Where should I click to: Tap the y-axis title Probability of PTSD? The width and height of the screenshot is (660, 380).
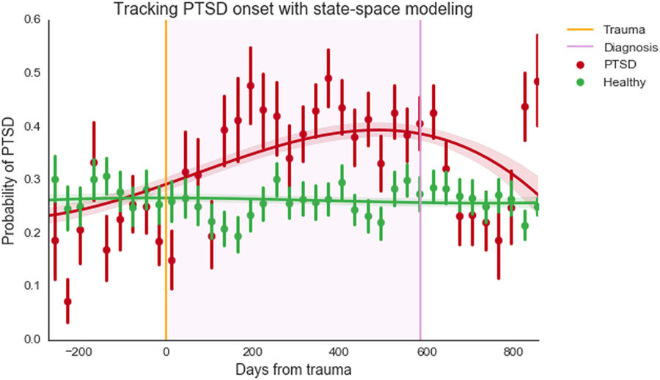click(11, 180)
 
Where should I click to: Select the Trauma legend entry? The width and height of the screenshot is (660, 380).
click(623, 30)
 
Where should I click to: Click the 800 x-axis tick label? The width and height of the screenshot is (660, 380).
click(511, 351)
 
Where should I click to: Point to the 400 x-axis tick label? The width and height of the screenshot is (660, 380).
click(339, 351)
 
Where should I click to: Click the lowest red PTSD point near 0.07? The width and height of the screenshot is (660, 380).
click(67, 302)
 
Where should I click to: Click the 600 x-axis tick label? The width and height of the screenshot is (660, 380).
click(425, 351)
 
